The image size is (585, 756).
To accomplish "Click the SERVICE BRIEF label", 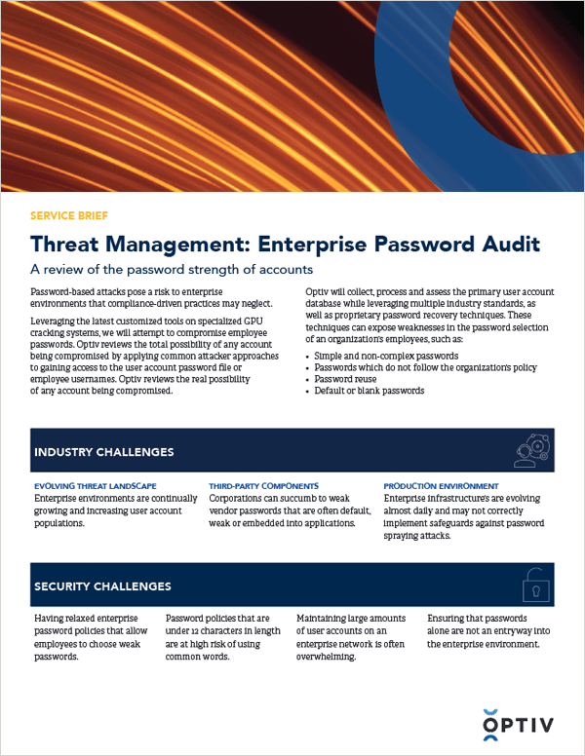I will [71, 215].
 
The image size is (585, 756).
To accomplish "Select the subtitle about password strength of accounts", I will [174, 269].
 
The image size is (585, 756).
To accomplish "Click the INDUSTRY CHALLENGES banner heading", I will [103, 452].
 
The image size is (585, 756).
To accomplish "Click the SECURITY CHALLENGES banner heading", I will [102, 586].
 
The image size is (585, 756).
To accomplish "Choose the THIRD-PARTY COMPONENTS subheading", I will [263, 485].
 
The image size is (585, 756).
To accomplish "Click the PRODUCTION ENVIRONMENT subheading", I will [441, 485].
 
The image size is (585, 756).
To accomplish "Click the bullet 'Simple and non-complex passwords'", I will [377, 357].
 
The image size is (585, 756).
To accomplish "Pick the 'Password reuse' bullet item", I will [348, 379].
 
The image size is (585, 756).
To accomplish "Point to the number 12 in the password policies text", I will [201, 631].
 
